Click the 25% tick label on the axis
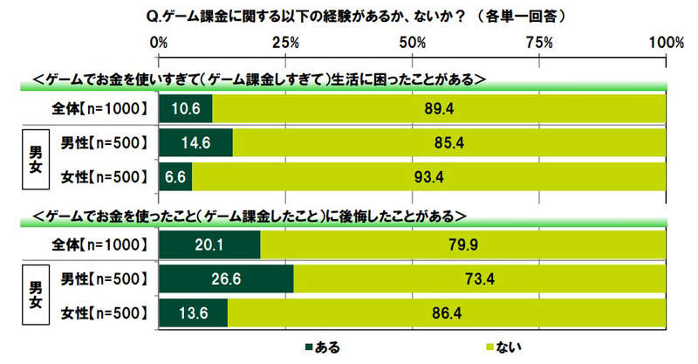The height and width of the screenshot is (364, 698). pos(286,42)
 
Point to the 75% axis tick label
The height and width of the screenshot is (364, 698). pos(539,42)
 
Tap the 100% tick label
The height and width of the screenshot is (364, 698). pos(667,42)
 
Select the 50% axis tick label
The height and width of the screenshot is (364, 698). pos(412,42)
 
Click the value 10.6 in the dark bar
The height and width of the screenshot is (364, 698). pos(181,108)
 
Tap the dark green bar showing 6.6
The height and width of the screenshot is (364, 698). pos(175,177)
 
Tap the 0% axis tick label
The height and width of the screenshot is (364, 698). pos(160,42)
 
